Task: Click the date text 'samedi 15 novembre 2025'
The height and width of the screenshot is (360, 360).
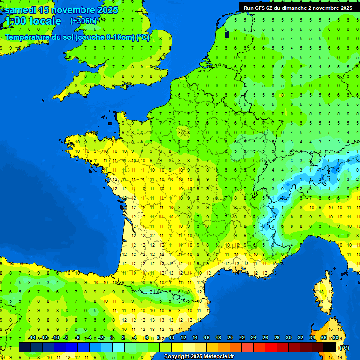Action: tap(61, 10)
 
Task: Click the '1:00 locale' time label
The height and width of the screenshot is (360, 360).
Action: tap(32, 21)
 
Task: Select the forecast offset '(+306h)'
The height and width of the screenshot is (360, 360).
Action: tap(83, 21)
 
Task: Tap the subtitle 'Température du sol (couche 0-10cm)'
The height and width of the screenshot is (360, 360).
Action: tap(70, 37)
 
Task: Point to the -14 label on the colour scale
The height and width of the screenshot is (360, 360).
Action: tap(32, 338)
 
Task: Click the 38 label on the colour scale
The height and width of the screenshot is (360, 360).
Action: tap(335, 338)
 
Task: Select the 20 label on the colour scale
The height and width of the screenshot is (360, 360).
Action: tap(230, 338)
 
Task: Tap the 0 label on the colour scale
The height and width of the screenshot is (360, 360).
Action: tap(112, 338)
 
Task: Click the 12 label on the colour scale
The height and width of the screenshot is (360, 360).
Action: tap(183, 338)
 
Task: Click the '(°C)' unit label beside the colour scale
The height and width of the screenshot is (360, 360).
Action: tap(344, 348)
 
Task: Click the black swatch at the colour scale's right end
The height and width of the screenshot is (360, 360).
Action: tap(330, 347)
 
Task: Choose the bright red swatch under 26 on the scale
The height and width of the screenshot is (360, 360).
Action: tap(271, 347)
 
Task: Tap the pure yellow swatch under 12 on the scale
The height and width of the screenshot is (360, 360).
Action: tap(177, 347)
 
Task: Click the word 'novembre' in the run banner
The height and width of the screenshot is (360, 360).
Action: tap(326, 7)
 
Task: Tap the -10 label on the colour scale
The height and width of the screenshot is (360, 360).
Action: tap(55, 338)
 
